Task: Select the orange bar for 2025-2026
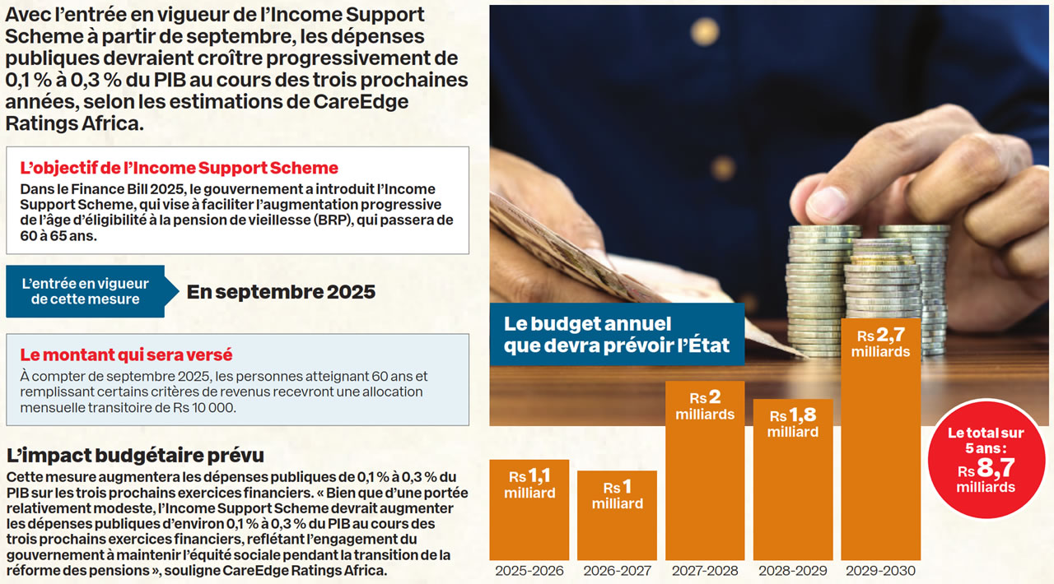click(529, 510)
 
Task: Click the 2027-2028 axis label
click(705, 570)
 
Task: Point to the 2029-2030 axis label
click(880, 570)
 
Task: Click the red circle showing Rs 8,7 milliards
click(985, 460)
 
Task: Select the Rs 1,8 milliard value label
click(792, 423)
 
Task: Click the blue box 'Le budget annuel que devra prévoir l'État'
click(617, 334)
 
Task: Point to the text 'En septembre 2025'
click(281, 291)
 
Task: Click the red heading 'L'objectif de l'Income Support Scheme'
click(179, 168)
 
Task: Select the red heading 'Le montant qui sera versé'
click(126, 355)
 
